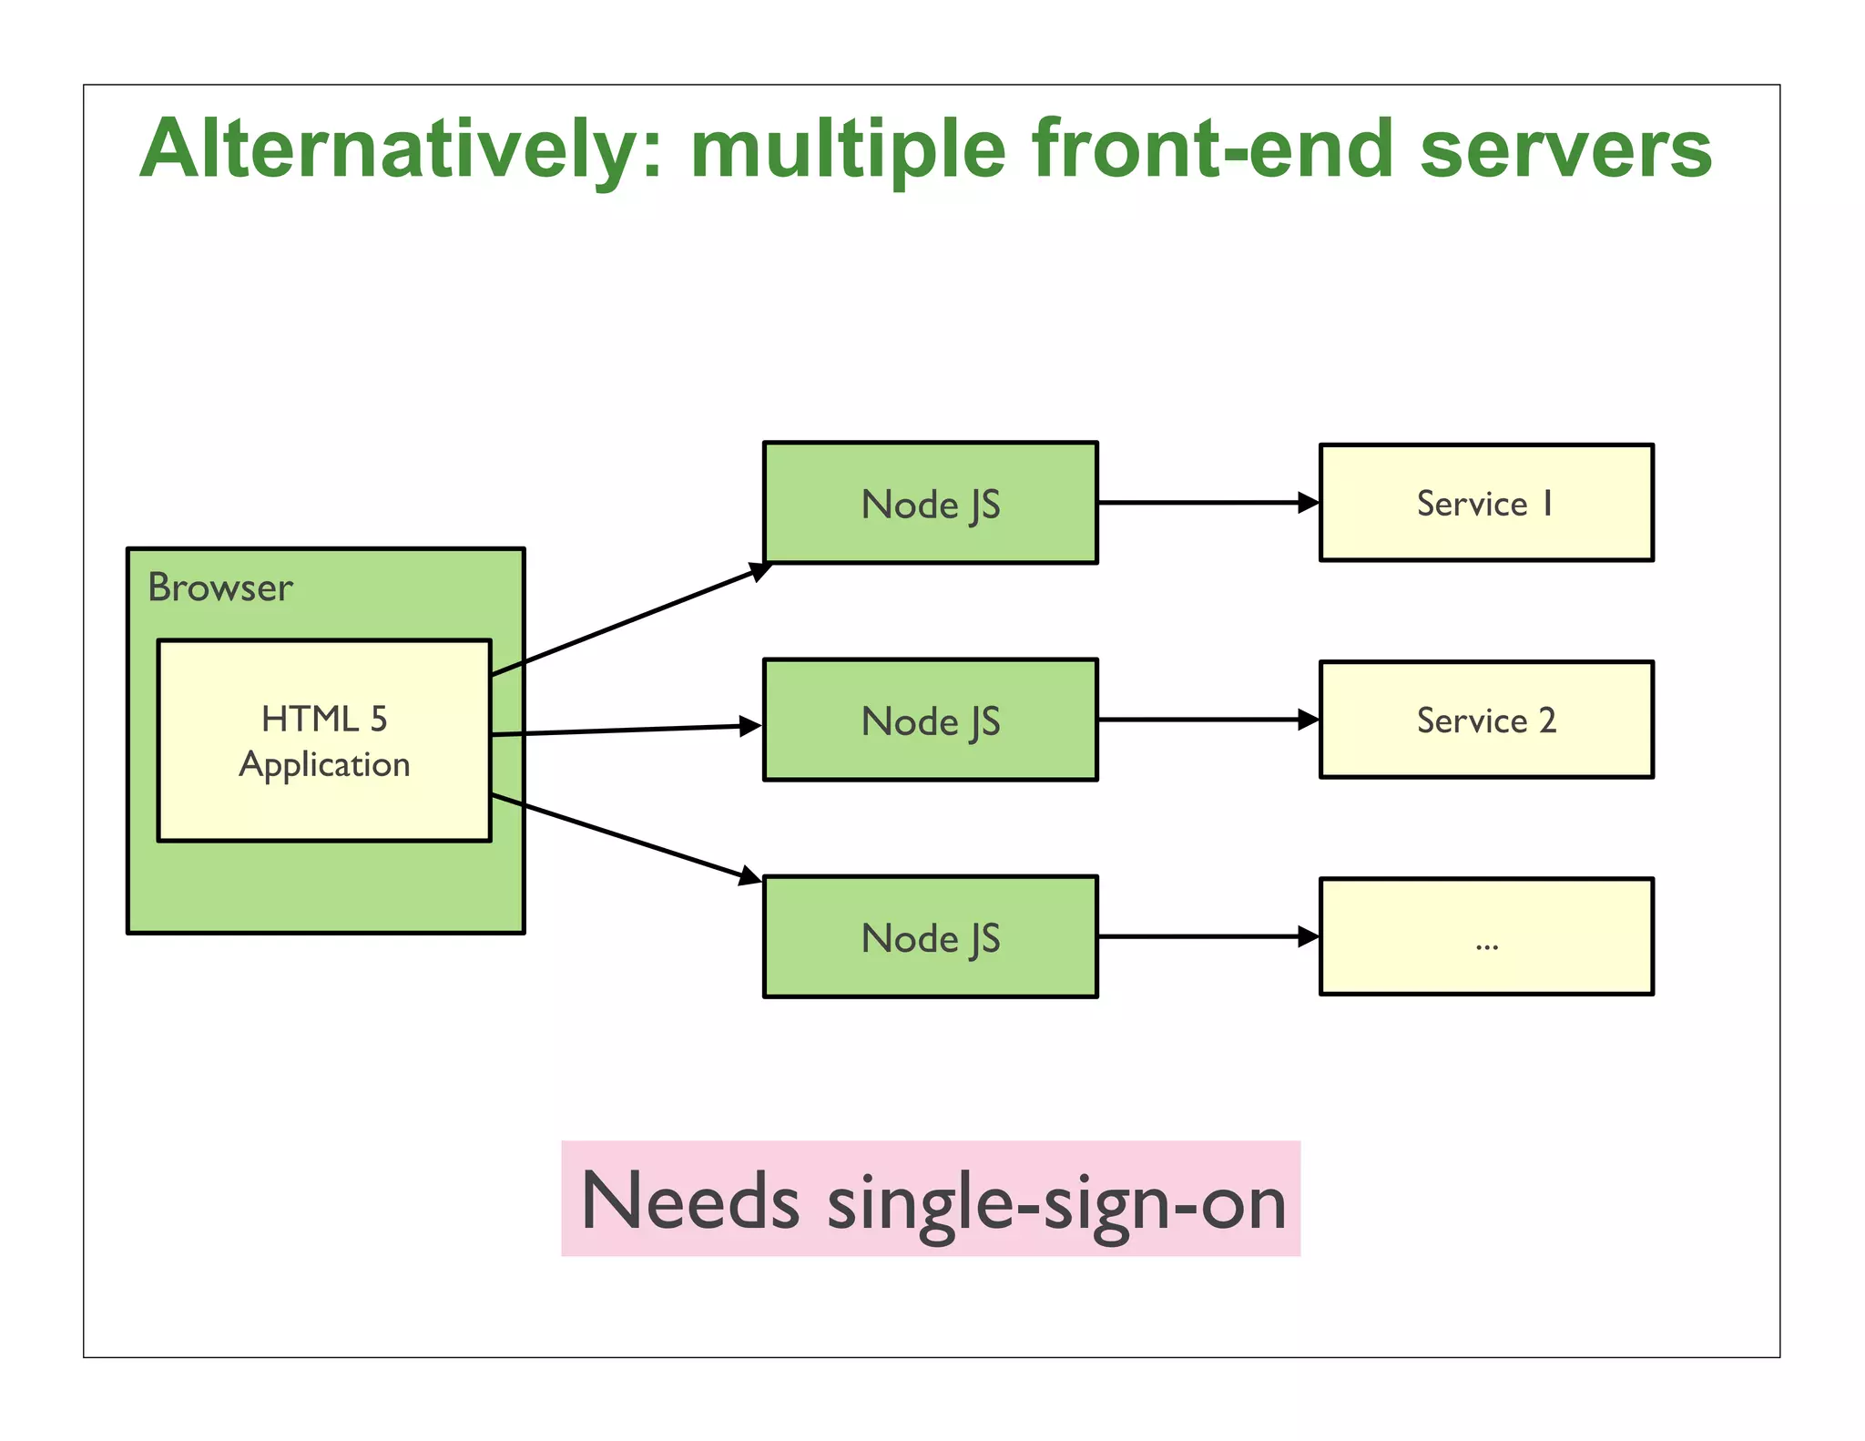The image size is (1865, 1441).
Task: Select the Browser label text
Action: (x=220, y=588)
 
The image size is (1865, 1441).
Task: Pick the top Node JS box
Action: (x=930, y=503)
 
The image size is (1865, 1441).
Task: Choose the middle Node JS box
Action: (x=930, y=720)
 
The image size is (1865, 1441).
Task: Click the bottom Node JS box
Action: (x=930, y=936)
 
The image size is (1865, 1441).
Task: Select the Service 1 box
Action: (x=1486, y=503)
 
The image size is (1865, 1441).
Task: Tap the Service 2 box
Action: (x=1486, y=720)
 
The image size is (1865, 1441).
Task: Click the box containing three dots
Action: (x=1486, y=936)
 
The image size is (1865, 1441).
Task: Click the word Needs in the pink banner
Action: (x=690, y=1201)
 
